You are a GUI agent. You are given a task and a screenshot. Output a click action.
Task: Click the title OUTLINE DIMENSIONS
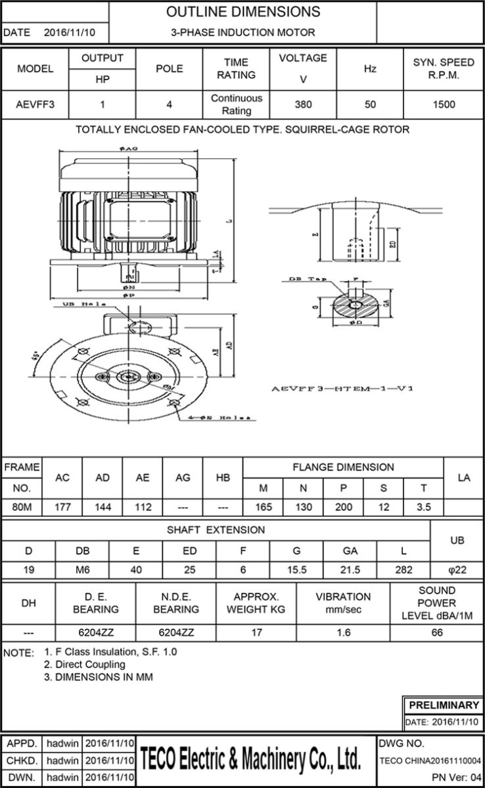point(243,12)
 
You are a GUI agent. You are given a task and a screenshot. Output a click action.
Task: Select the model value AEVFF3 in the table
point(35,104)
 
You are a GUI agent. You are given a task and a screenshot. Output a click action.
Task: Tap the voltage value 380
point(303,104)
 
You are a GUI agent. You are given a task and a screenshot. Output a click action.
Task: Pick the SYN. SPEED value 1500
point(444,104)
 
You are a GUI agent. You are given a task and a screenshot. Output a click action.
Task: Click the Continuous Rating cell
point(236,104)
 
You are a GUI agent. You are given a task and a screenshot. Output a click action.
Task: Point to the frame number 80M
point(22,507)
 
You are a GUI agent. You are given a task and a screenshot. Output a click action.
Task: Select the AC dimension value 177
point(62,507)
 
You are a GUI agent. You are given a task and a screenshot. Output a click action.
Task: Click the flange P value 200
point(344,507)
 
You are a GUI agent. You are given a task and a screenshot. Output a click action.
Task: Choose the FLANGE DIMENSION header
point(343,467)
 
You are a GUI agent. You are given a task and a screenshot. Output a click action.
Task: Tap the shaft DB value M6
point(83,570)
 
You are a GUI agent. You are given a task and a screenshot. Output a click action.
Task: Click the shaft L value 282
point(404,570)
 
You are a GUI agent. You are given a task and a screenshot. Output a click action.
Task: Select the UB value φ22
point(457,570)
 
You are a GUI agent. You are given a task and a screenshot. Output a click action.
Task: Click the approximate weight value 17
point(256,633)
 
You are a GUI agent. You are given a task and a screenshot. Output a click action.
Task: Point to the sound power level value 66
point(437,633)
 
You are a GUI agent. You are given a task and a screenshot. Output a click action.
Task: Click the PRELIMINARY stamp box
point(444,705)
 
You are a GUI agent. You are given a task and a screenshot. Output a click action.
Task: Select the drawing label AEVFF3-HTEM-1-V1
point(342,389)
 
